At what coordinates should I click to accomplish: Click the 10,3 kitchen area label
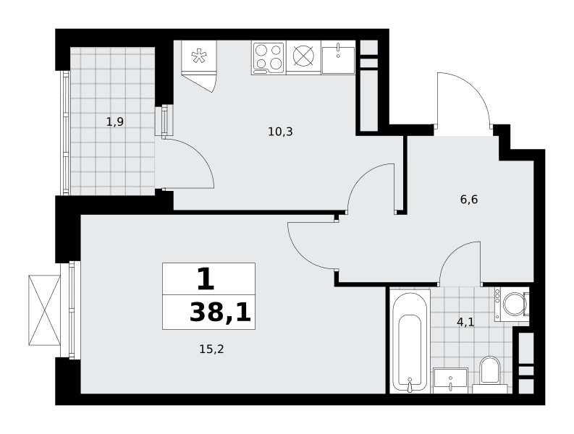(x=280, y=132)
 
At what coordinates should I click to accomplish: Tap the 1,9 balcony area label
(x=115, y=122)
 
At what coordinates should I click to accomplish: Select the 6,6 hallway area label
(x=469, y=200)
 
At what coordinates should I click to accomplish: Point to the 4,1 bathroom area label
(x=465, y=322)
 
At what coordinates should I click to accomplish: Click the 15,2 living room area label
(x=211, y=349)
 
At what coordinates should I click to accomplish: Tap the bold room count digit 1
(x=206, y=278)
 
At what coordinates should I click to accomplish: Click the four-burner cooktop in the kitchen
(x=269, y=58)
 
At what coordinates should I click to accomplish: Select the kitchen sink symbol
(x=338, y=58)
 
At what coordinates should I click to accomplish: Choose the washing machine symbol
(x=512, y=305)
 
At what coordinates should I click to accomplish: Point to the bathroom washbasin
(x=451, y=380)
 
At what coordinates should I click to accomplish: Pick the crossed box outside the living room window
(x=44, y=310)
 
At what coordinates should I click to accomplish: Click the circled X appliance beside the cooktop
(x=303, y=57)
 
